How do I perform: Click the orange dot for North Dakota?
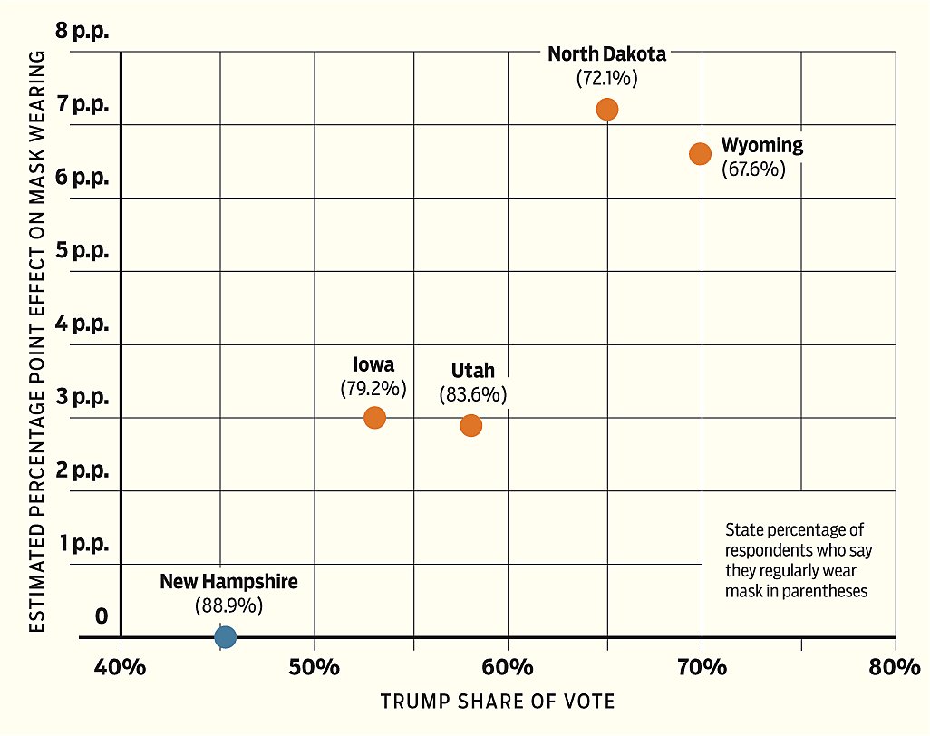607,109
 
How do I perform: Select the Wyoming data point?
700,153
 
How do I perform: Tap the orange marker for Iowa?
374,417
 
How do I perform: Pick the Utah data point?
470,425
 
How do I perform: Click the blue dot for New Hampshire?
226,636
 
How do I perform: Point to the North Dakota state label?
606,54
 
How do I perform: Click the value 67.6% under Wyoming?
753,169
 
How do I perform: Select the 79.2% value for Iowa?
373,389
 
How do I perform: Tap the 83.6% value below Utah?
472,395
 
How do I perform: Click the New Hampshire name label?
228,581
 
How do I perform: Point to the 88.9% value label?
228,605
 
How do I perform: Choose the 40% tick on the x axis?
121,668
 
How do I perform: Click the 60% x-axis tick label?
508,668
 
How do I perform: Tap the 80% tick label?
895,668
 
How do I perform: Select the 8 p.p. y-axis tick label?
82,32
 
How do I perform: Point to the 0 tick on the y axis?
101,617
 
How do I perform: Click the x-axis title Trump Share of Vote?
497,701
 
